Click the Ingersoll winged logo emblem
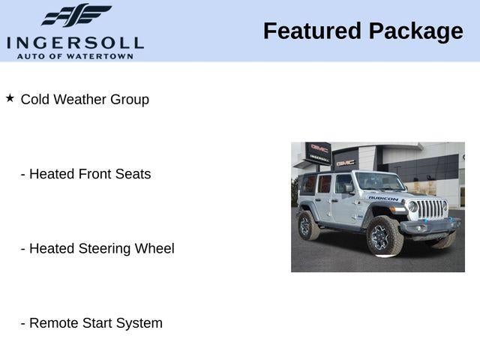[76, 15]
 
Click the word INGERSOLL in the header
[75, 42]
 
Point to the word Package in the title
[415, 31]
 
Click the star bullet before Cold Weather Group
[10, 98]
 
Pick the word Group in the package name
[130, 100]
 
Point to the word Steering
[106, 249]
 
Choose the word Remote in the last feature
[53, 323]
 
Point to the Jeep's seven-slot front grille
[430, 208]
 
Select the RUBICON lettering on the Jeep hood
[383, 198]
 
